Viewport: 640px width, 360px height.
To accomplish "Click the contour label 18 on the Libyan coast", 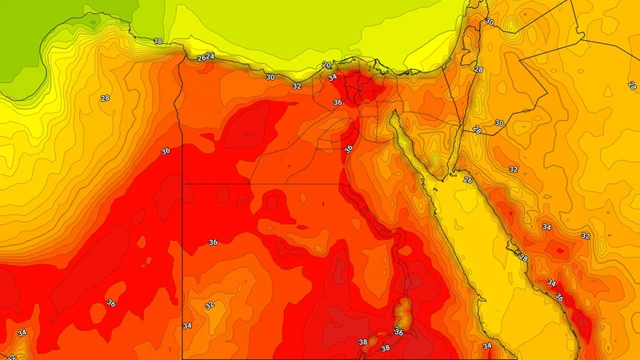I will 158,41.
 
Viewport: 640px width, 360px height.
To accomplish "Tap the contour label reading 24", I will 210,56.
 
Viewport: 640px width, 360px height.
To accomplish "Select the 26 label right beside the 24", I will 202,58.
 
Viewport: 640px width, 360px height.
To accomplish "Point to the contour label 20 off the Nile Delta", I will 326,65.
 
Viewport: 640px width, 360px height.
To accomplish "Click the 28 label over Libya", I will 105,98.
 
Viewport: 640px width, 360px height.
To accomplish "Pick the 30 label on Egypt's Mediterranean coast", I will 270,78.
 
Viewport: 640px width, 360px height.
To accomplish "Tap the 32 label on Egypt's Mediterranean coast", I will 297,86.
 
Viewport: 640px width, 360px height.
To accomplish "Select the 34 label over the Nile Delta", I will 332,78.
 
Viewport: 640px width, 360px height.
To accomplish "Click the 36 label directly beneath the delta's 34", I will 337,102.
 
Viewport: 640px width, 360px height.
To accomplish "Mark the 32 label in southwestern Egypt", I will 210,305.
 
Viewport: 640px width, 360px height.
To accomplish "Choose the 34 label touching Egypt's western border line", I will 187,326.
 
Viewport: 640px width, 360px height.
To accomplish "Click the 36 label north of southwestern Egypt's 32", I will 213,242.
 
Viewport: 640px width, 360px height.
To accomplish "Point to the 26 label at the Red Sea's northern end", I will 468,180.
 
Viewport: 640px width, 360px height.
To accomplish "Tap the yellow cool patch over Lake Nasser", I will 404,308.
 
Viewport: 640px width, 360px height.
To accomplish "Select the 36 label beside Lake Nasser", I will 399,331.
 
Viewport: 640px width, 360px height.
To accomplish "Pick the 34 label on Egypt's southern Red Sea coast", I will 486,346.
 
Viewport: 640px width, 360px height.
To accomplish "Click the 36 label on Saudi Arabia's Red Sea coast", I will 558,298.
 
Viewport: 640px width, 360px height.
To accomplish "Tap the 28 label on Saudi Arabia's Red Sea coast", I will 523,258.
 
